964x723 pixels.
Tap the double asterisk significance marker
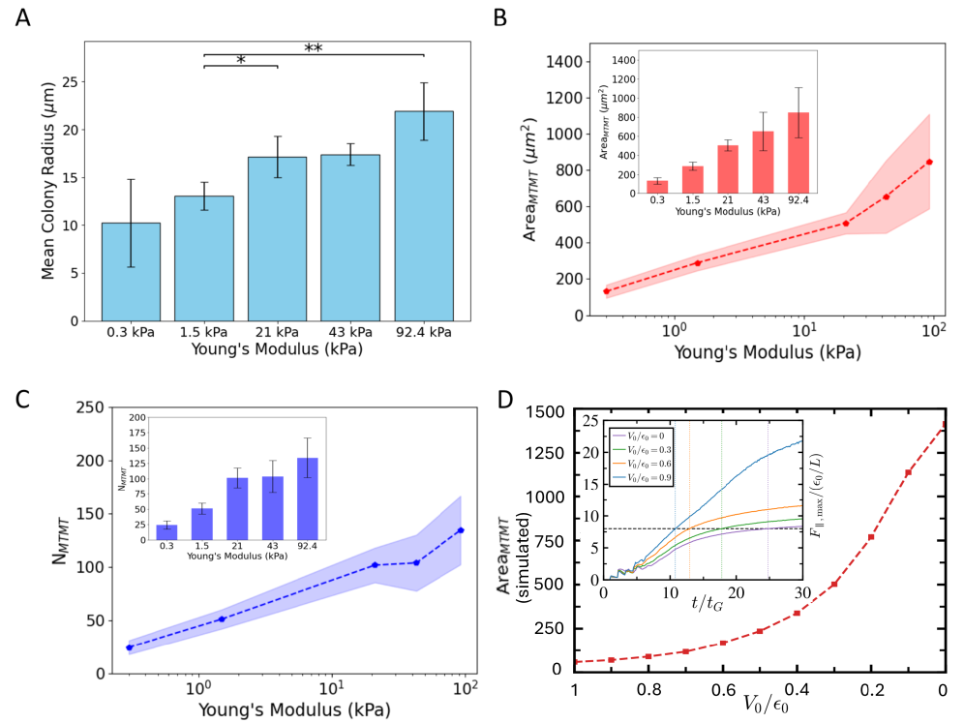point(313,47)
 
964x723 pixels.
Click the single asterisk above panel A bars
point(241,60)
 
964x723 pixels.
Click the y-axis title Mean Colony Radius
point(48,182)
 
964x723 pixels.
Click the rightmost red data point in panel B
point(929,162)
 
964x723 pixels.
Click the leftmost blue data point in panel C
point(129,647)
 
